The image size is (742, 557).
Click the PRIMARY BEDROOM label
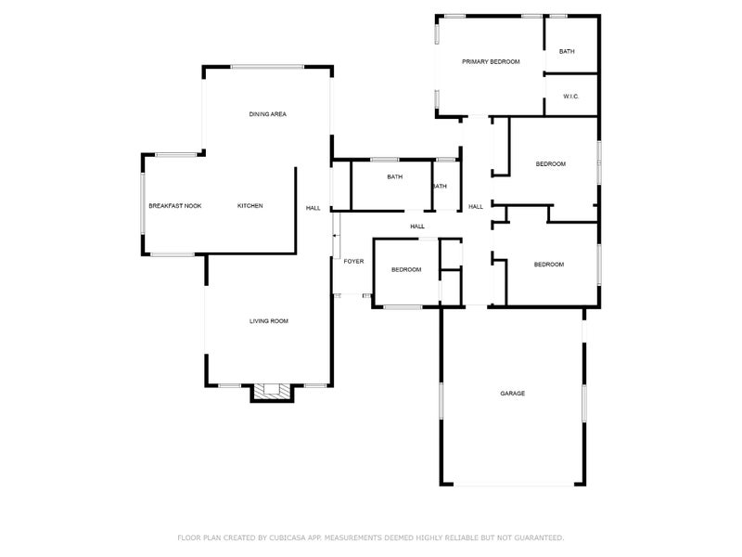pos(491,61)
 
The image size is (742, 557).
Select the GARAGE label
pos(513,394)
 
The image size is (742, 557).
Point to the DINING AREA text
pos(267,114)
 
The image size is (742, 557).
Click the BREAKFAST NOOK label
pos(175,205)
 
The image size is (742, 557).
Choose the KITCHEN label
pos(249,205)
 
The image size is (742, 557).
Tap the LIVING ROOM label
pos(269,321)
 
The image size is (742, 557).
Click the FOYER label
pos(353,262)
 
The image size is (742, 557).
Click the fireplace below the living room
pos(272,393)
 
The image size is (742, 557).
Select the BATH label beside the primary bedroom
pos(567,51)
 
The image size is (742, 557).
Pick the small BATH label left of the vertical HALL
pos(439,187)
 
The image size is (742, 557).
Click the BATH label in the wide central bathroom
pos(395,177)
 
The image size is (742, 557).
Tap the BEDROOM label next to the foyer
pos(405,269)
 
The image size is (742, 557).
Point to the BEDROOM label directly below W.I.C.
pos(551,164)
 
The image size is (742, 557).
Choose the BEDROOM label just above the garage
pos(549,265)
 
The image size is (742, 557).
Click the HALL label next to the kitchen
pos(313,208)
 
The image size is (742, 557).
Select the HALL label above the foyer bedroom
pos(417,227)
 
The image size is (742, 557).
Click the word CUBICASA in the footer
pos(288,538)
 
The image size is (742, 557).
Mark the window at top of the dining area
pos(267,66)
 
